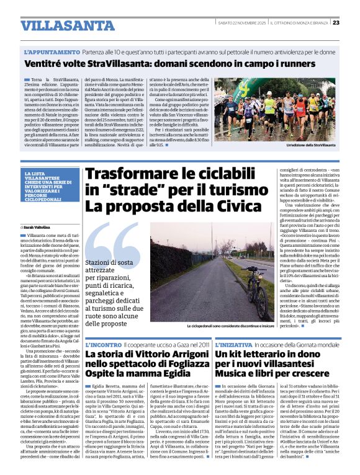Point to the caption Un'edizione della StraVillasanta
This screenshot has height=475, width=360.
click(x=310, y=145)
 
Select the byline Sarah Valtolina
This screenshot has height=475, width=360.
click(x=42, y=228)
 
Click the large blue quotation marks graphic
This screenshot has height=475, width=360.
click(x=115, y=245)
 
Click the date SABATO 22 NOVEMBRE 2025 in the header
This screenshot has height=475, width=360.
click(x=242, y=23)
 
